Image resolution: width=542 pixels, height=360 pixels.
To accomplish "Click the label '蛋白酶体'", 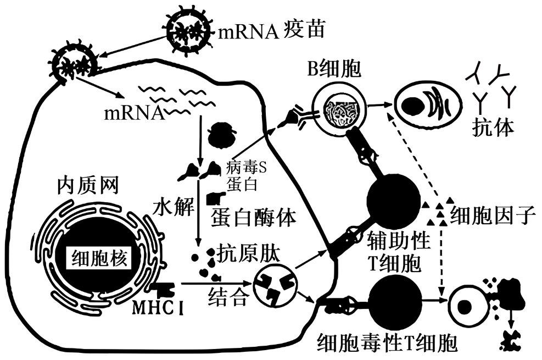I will [253, 218].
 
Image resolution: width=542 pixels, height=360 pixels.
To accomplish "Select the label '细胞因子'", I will [492, 216].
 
